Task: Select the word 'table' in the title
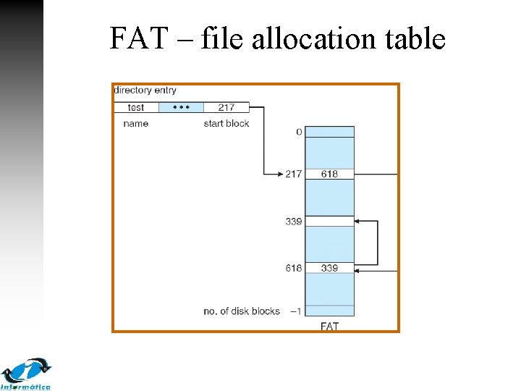coord(414,38)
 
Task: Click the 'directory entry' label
coord(145,91)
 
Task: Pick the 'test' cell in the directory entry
coord(136,107)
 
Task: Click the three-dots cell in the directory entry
coord(181,107)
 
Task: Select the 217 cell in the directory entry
coord(226,107)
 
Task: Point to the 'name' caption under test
coord(136,124)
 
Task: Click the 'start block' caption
coord(226,124)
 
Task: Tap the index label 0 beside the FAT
coord(299,132)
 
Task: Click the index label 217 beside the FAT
coord(293,174)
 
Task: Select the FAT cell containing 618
coord(329,174)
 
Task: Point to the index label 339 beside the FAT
coord(293,222)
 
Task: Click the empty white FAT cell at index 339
coord(329,222)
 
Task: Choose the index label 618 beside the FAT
coord(293,268)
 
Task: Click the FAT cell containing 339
coord(329,268)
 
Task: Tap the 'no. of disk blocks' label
coord(242,311)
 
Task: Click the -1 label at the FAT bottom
coord(295,311)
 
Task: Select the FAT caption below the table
coord(329,327)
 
